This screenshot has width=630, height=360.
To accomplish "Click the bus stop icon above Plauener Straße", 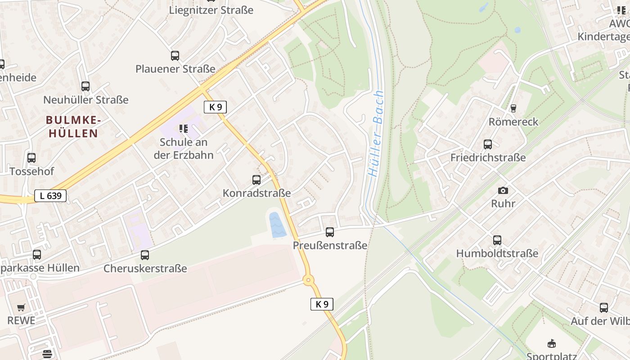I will point(175,56).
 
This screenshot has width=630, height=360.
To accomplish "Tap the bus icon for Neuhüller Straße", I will point(85,86).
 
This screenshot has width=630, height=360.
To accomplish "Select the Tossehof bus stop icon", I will point(31,158).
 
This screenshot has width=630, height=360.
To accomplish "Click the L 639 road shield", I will point(50,196).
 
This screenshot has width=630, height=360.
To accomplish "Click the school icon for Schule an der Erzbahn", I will point(184,129).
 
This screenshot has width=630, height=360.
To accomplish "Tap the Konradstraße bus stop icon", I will point(256,180).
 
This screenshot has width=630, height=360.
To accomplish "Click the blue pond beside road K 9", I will point(277,225).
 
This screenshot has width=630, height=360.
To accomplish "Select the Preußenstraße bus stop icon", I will point(330,232).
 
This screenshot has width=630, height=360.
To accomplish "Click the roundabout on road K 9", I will point(308,280).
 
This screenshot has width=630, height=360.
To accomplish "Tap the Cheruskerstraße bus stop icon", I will point(145,255).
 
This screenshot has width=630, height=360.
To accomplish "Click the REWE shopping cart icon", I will point(21,308).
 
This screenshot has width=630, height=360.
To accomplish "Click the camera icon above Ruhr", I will point(503,190).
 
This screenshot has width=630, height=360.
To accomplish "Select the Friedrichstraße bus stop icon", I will point(488,144).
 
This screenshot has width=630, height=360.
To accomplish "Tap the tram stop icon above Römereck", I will point(513,108).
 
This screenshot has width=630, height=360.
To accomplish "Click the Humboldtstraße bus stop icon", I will point(497,240).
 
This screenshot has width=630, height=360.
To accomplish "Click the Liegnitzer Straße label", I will point(211,10).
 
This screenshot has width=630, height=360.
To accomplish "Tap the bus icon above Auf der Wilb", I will point(604,308).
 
